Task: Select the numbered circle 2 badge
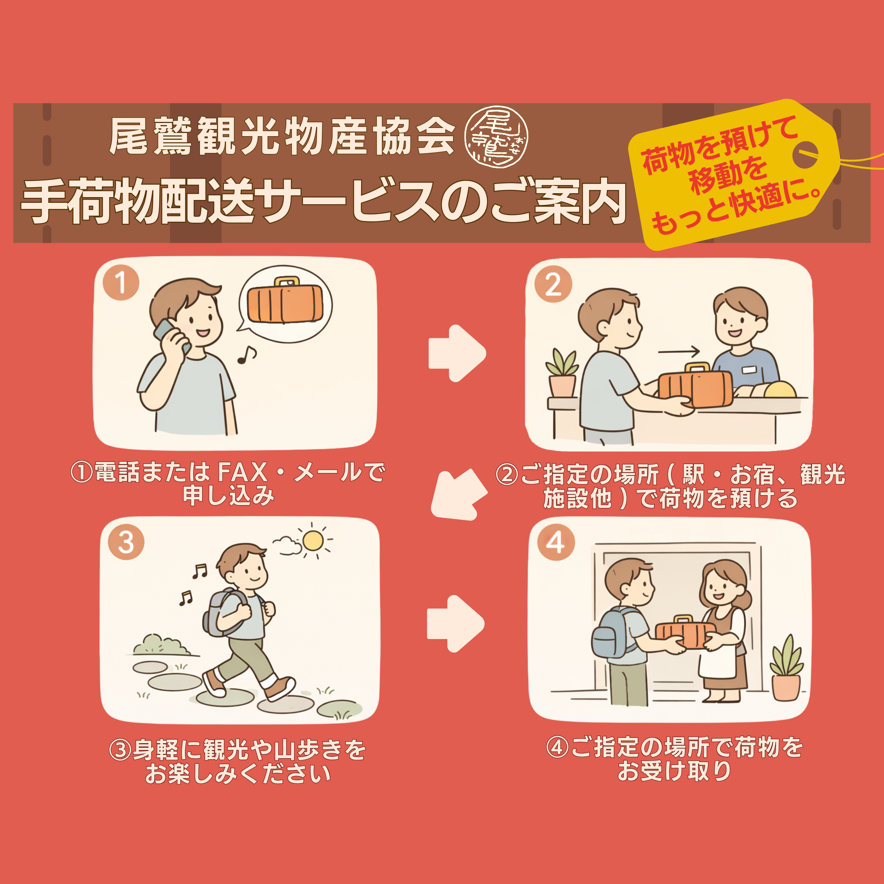point(553,284)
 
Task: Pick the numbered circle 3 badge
point(126,543)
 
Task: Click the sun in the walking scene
point(313,541)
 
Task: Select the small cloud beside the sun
point(287,545)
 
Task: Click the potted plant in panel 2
point(562,373)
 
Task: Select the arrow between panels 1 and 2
point(457,353)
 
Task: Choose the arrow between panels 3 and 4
point(455,623)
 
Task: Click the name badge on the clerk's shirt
point(749,369)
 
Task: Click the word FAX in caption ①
point(242,472)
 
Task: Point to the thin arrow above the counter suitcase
point(679,351)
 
